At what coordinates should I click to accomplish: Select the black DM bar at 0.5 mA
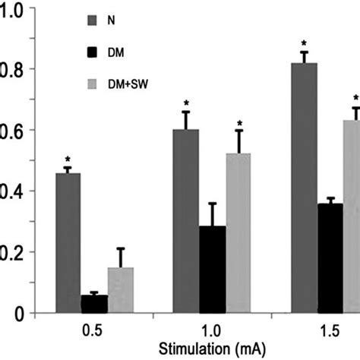94,303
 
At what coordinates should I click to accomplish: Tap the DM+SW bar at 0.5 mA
120,289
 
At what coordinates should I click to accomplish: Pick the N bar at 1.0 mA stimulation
185,221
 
